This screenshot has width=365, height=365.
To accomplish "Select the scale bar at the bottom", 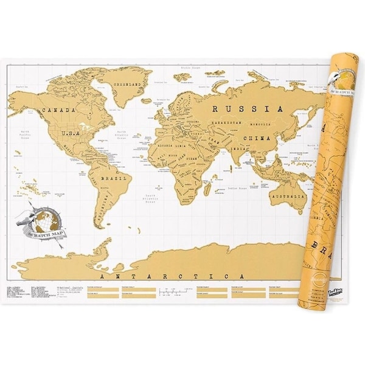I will (171, 292).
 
